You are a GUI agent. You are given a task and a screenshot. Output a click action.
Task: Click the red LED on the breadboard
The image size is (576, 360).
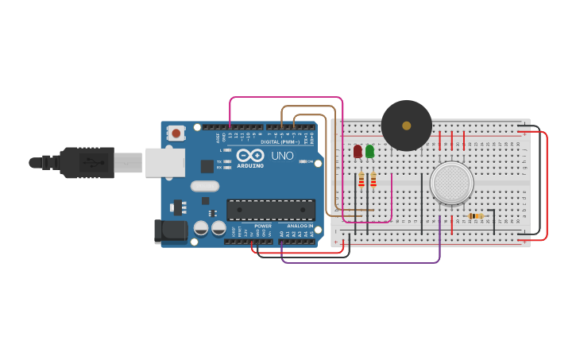pos(358,150)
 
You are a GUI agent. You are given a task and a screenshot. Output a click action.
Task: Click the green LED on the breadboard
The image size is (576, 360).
pos(369,150)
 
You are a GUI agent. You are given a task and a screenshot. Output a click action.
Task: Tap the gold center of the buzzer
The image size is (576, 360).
pos(407,126)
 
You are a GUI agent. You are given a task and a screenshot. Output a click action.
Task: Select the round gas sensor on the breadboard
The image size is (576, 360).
pos(451,182)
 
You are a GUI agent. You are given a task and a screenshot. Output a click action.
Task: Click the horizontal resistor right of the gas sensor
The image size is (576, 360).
pos(476,215)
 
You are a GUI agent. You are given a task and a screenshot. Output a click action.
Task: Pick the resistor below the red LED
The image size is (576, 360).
pos(361,180)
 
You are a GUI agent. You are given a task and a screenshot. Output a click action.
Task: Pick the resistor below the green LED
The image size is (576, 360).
pos(373,180)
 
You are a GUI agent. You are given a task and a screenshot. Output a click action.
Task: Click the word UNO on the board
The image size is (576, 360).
pos(282,156)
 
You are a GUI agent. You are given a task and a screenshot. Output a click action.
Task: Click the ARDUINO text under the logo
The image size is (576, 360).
pos(249,165)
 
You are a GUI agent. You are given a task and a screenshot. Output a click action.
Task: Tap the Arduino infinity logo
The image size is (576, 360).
pos(249,155)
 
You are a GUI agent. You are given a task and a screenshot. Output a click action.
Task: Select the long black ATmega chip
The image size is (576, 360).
pos(271,210)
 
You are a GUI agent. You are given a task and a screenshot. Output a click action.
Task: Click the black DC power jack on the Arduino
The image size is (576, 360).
pos(169,231)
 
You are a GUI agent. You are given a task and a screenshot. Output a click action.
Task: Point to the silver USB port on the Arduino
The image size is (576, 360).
pos(164,162)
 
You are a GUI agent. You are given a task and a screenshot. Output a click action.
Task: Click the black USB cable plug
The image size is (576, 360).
pos(87,162)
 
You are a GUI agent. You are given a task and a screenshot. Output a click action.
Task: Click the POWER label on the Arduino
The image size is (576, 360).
pos(263,226)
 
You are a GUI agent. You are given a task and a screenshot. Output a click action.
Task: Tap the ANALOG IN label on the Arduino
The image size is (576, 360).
pos(300,226)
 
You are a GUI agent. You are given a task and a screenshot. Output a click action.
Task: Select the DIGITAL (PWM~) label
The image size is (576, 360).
pos(280,141)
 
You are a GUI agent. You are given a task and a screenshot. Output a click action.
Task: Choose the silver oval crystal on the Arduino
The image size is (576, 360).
pos(204,186)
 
